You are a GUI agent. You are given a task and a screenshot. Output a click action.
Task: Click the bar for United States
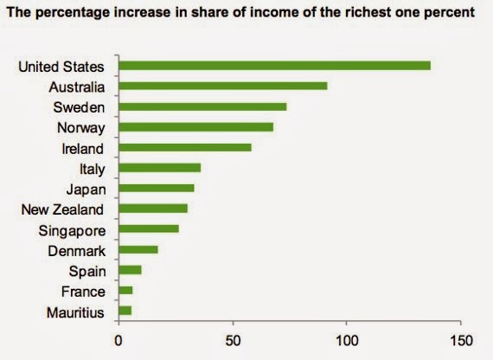click(275, 66)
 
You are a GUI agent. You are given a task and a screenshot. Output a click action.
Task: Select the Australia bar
click(223, 86)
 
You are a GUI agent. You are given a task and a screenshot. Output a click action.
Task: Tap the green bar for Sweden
click(202, 106)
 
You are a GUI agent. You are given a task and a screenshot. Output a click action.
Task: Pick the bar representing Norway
click(196, 127)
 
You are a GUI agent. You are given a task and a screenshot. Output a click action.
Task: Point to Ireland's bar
click(185, 148)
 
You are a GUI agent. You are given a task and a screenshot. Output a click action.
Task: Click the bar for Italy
click(160, 168)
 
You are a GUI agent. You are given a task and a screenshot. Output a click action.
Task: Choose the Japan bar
click(157, 188)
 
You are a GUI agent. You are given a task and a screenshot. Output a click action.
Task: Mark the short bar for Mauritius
click(125, 311)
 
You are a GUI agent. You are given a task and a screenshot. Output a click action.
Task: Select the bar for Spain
click(130, 270)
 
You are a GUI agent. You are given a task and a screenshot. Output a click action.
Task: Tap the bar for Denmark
click(138, 249)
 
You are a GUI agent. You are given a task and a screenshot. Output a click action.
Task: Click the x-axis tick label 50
click(233, 341)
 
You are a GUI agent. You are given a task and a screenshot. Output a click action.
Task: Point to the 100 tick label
click(347, 341)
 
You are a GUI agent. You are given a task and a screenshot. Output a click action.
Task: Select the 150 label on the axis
click(461, 341)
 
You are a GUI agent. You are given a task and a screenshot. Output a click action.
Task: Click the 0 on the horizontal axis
click(118, 341)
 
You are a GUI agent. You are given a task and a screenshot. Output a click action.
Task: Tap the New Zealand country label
click(62, 209)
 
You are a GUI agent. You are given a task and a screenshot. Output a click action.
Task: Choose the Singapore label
click(72, 231)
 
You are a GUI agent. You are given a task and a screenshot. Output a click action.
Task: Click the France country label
click(83, 292)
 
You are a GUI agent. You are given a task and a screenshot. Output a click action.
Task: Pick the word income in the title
click(272, 12)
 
